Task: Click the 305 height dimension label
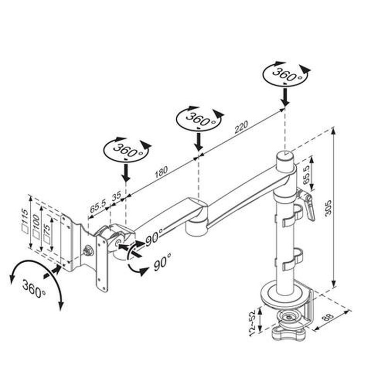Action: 328,207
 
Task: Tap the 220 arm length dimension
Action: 241,127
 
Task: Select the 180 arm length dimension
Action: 161,172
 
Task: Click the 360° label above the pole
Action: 286,75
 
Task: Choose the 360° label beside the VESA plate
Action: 34,289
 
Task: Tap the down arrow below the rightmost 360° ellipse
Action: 285,97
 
